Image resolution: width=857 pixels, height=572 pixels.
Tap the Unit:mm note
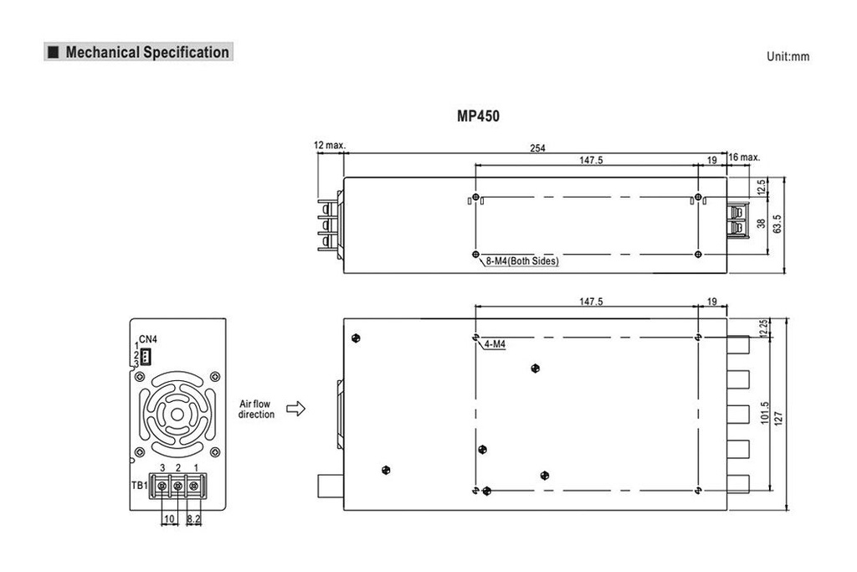pyautogui.click(x=788, y=57)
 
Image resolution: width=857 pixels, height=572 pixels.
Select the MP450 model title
pyautogui.click(x=479, y=116)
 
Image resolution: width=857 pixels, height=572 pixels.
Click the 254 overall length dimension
pyautogui.click(x=537, y=148)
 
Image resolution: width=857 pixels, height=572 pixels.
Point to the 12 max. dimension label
pyautogui.click(x=330, y=145)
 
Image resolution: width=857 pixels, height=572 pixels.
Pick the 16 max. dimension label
pyautogui.click(x=744, y=157)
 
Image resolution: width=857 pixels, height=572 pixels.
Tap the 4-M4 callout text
pyautogui.click(x=495, y=343)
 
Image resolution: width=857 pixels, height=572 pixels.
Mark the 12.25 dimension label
pyautogui.click(x=762, y=327)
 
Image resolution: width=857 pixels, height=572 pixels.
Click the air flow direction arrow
pyautogui.click(x=295, y=409)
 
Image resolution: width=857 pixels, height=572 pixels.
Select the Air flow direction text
pyautogui.click(x=256, y=409)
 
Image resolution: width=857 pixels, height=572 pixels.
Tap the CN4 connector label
pyautogui.click(x=147, y=339)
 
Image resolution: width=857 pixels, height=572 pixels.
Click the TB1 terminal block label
pyautogui.click(x=139, y=485)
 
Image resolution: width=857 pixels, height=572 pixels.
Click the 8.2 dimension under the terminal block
pyautogui.click(x=193, y=520)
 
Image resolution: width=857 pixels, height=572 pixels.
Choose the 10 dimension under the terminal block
pyautogui.click(x=169, y=520)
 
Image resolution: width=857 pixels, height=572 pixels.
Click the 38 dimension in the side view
pyautogui.click(x=761, y=224)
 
